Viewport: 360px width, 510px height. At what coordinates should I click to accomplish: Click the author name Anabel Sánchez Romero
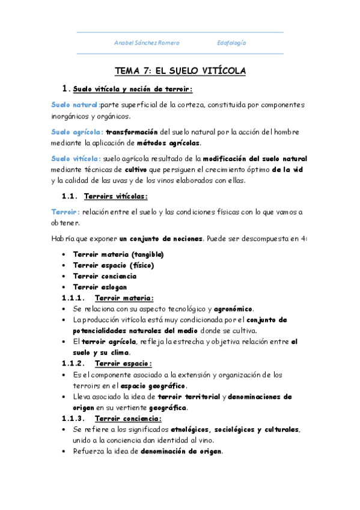pos(147,43)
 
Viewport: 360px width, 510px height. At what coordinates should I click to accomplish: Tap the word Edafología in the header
pos(231,43)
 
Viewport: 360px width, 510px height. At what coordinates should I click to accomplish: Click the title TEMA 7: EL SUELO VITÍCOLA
pos(180,71)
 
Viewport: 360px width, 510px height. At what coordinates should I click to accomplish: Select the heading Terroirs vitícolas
pos(116,196)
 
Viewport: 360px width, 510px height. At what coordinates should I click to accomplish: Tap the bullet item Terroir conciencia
pos(105,276)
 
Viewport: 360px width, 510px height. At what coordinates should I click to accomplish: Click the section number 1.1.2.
pos(74,363)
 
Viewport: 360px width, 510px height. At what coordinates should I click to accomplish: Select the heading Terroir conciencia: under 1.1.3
pos(129,418)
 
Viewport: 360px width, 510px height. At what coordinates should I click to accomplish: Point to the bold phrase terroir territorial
pos(189,396)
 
